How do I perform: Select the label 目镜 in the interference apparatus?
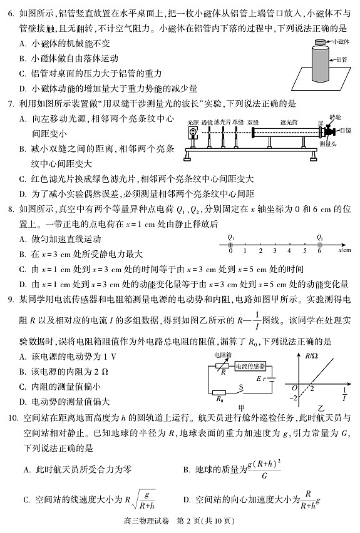[346, 130]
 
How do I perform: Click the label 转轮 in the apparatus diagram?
[335, 117]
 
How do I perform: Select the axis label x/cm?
[344, 250]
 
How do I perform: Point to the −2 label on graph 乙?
[292, 398]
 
